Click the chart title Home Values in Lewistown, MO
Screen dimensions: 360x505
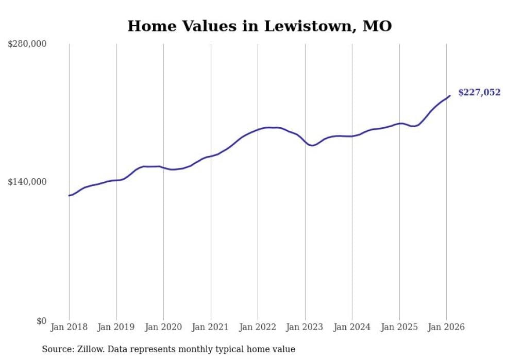pos(259,26)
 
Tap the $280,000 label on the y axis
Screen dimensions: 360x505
pos(27,44)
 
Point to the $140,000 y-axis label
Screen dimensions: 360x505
pos(27,182)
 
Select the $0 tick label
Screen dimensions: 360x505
pos(41,321)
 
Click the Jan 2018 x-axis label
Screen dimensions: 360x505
pos(69,327)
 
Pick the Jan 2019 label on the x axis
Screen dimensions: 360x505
pos(116,327)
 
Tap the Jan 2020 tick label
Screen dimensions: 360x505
pos(163,327)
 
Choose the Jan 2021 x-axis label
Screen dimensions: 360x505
pos(210,327)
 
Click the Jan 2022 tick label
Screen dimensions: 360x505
pos(258,327)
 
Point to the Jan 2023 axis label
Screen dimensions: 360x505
pos(305,327)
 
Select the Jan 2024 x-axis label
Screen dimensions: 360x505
pos(352,327)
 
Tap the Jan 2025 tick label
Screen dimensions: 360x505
pos(399,327)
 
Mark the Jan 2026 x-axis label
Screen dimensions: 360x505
pos(446,327)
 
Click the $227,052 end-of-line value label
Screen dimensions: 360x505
pos(479,93)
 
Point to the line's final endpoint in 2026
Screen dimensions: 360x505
pos(450,95)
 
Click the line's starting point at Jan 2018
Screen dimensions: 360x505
pos(69,196)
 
